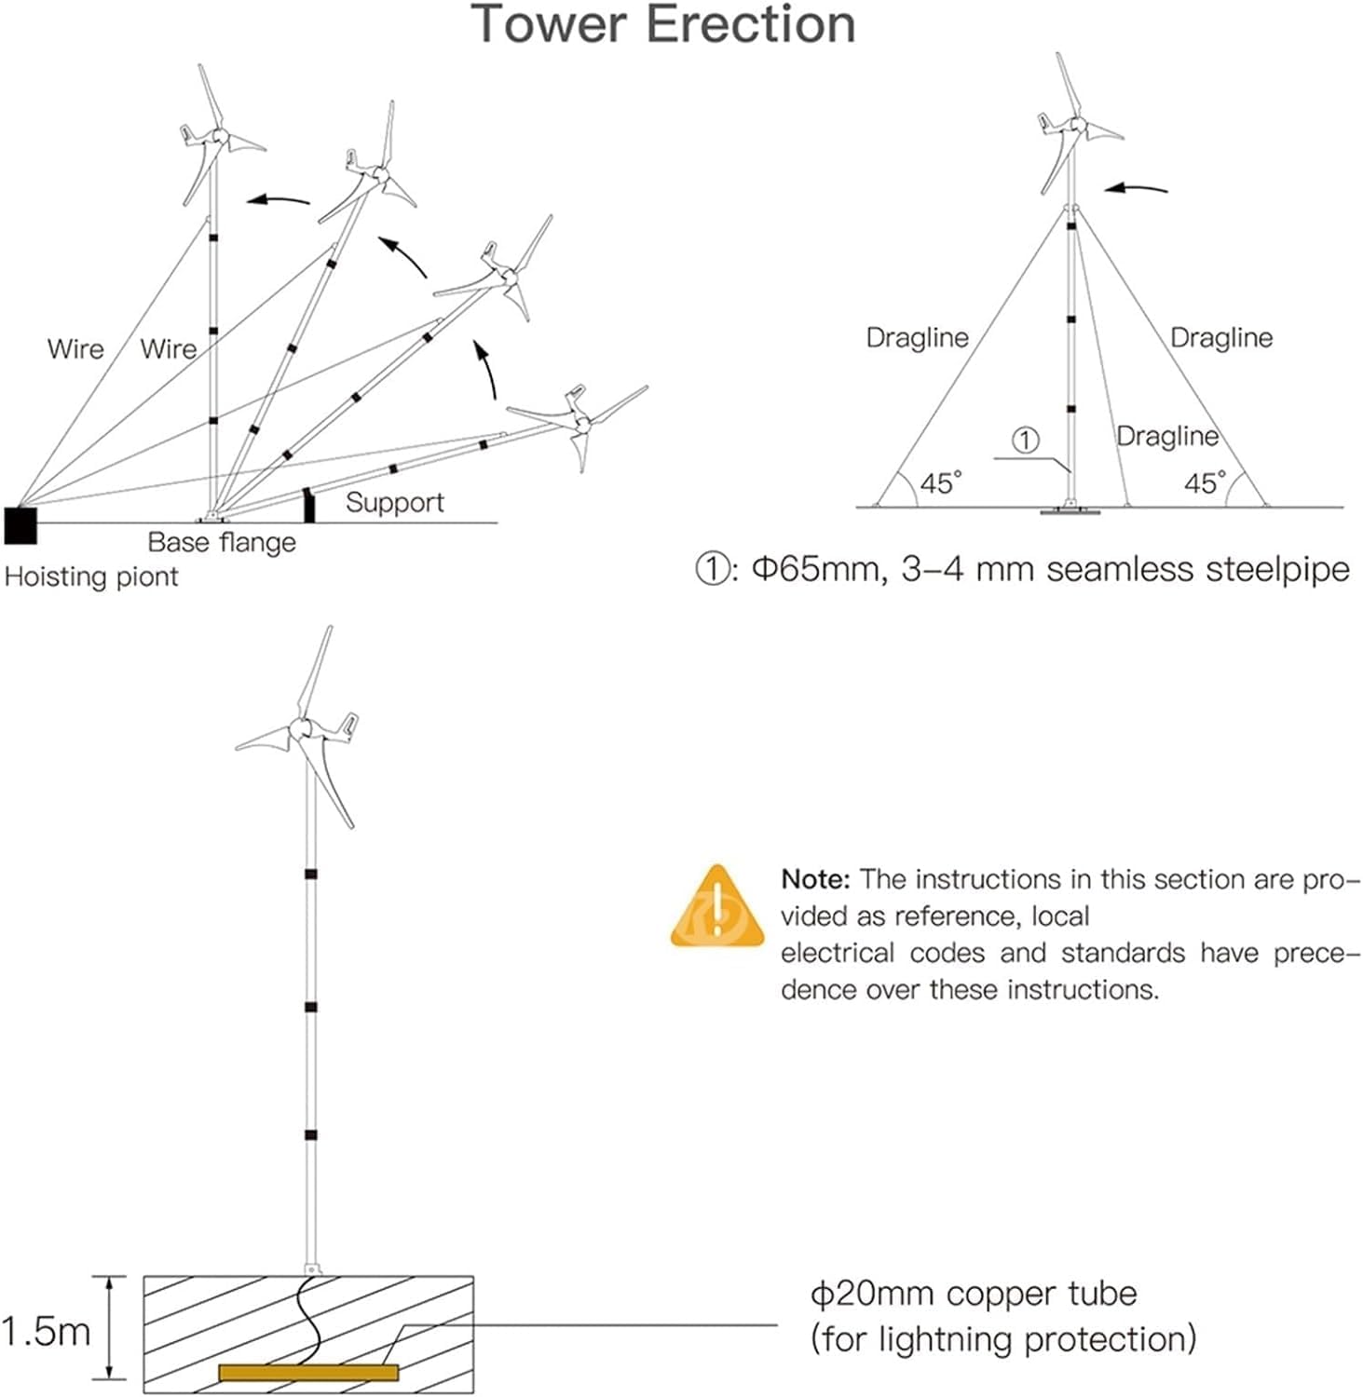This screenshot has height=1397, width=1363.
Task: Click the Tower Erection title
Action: tap(662, 25)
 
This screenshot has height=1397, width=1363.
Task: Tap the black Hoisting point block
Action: tap(20, 525)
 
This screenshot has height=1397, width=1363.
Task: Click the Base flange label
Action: tap(222, 542)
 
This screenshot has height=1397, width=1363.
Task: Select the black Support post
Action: tap(309, 505)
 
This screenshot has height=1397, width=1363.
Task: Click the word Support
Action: tap(394, 503)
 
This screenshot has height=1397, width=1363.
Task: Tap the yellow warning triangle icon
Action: tap(716, 909)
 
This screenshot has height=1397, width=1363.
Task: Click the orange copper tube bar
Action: tap(308, 1372)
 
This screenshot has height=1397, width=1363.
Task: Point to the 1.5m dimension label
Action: tap(46, 1332)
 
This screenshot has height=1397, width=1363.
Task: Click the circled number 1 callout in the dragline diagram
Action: tap(1025, 440)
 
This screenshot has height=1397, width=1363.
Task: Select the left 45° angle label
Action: tap(940, 483)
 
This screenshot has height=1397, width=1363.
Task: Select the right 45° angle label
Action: tap(1205, 483)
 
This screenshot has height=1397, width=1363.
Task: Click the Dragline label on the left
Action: tap(917, 337)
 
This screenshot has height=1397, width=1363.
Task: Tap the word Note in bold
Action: tap(814, 879)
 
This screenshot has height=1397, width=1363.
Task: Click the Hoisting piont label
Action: tap(91, 576)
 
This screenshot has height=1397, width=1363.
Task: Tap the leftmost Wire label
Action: tap(75, 349)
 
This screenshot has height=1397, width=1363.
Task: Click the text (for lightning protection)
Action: tap(1002, 1339)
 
